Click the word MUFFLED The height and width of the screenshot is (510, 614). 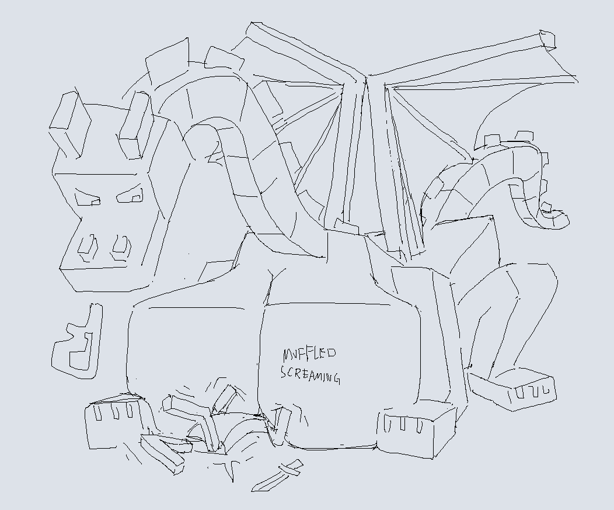click(309, 355)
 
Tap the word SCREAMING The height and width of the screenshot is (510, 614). click(310, 375)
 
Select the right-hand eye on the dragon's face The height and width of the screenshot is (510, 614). click(130, 195)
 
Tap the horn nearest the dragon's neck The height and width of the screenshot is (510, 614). click(135, 124)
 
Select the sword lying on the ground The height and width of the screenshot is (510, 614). click(277, 476)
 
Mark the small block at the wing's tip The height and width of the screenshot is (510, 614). click(547, 40)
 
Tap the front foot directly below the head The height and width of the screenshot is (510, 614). click(114, 421)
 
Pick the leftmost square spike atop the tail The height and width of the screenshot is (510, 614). click(492, 140)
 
